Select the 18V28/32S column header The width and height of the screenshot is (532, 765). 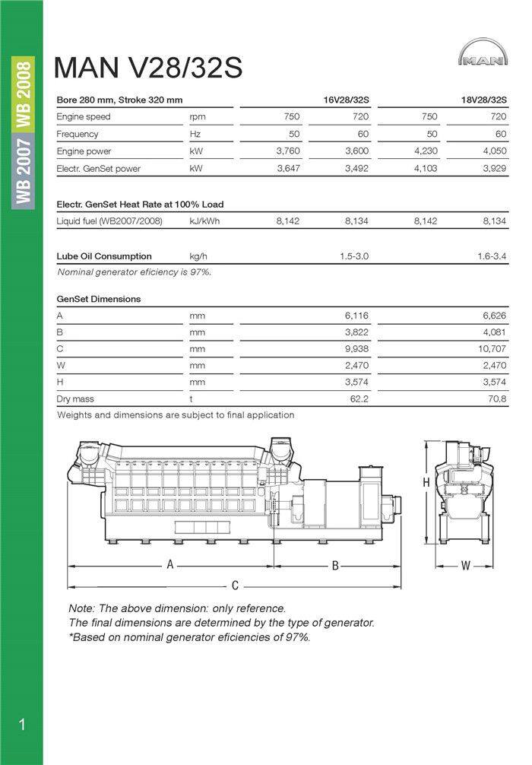click(x=483, y=100)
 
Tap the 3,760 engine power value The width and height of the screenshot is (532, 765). click(x=287, y=151)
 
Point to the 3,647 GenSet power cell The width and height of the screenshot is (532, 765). click(x=287, y=168)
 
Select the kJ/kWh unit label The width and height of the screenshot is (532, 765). click(x=204, y=221)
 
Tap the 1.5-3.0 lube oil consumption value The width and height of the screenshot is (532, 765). click(x=354, y=256)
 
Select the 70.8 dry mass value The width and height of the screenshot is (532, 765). click(x=496, y=398)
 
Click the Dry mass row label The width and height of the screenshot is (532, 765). click(x=75, y=398)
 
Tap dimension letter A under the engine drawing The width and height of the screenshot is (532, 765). click(x=171, y=565)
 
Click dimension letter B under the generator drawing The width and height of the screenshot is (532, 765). click(x=334, y=565)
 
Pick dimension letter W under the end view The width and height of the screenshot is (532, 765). click(x=466, y=565)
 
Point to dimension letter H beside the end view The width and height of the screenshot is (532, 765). click(x=427, y=483)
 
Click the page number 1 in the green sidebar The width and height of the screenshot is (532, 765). click(x=21, y=725)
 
